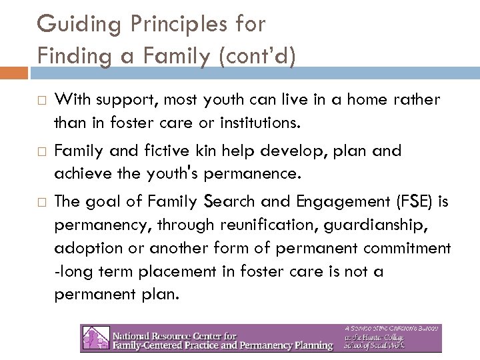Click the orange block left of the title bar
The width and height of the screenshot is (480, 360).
point(13,72)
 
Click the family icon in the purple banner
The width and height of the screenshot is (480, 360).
point(94,338)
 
